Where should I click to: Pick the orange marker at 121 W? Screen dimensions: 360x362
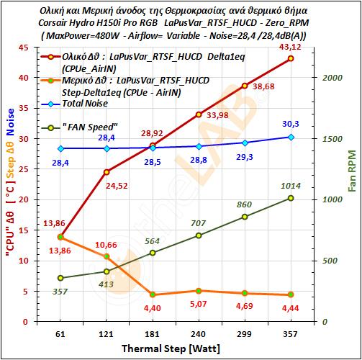pyautogui.click(x=107, y=256)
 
